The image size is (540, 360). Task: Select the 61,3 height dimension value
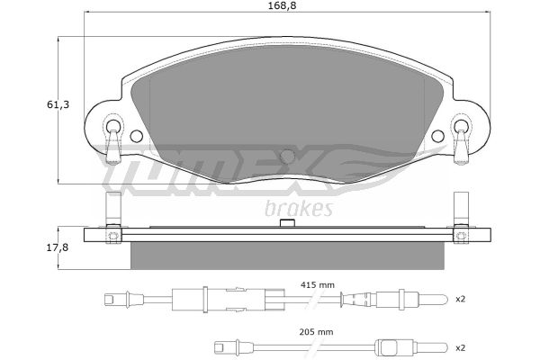(58, 104)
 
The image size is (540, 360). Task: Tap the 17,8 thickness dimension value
(58, 247)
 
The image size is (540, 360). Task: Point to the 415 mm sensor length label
(317, 285)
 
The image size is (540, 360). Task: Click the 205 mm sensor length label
(316, 332)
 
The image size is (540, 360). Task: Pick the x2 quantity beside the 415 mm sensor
(461, 299)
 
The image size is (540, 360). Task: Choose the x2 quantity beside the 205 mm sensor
(461, 348)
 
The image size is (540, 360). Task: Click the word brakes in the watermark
(299, 209)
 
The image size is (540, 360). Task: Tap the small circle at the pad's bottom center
(288, 157)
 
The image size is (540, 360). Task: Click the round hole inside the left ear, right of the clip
(137, 136)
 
